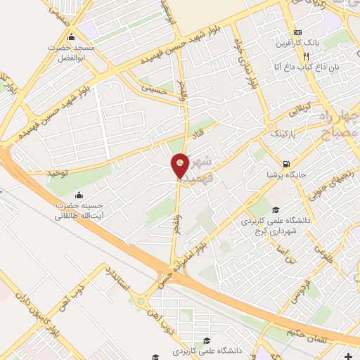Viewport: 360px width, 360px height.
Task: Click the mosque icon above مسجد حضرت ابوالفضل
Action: coord(70,37)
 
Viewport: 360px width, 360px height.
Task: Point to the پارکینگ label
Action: coord(284,131)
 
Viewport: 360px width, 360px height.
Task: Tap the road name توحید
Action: coord(58,171)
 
